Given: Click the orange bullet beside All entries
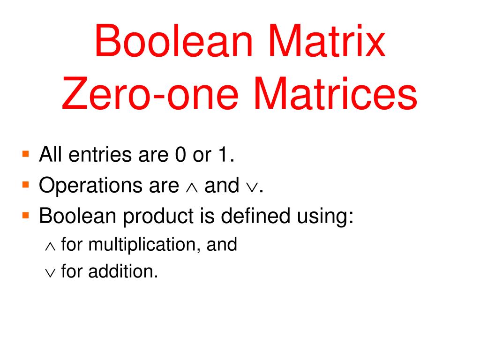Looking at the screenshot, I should click(26, 153).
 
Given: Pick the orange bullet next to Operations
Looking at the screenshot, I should click(26, 184).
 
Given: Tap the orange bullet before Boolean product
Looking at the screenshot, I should click(26, 215).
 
